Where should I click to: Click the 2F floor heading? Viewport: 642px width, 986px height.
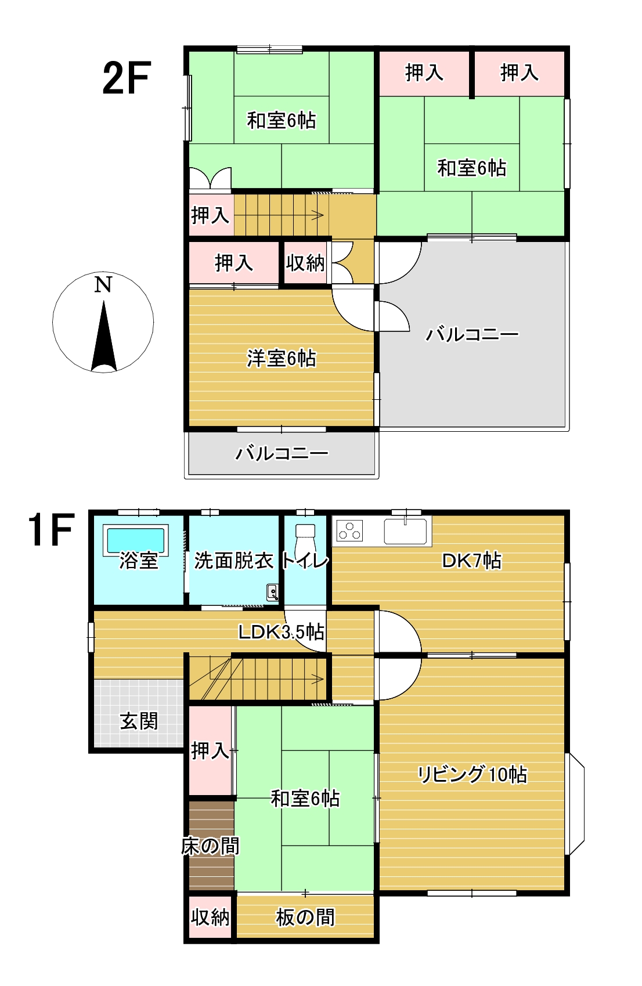[x=127, y=78]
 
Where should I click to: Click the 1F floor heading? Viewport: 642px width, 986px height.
[x=51, y=530]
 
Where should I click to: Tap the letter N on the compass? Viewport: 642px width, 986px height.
[x=103, y=284]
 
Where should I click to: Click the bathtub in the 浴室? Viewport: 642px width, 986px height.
[x=136, y=539]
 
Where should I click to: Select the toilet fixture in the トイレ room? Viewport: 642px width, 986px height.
[x=305, y=540]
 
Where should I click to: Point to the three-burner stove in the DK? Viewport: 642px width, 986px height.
[x=349, y=530]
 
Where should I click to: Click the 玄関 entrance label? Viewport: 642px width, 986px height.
[x=139, y=721]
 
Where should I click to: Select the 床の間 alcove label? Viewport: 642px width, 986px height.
[x=210, y=846]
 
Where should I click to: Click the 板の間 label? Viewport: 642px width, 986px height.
[x=305, y=918]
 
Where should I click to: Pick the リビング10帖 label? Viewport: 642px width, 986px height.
[x=472, y=775]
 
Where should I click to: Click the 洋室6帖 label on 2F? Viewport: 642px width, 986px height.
[x=282, y=358]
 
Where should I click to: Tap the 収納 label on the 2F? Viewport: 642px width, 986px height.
[x=305, y=263]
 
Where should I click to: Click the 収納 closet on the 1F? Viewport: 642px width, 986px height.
[x=210, y=918]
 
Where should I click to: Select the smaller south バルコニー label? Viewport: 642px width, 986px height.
[x=282, y=453]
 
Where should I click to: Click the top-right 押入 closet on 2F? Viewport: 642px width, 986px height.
[x=520, y=73]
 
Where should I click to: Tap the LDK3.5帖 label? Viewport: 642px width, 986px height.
[x=282, y=631]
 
